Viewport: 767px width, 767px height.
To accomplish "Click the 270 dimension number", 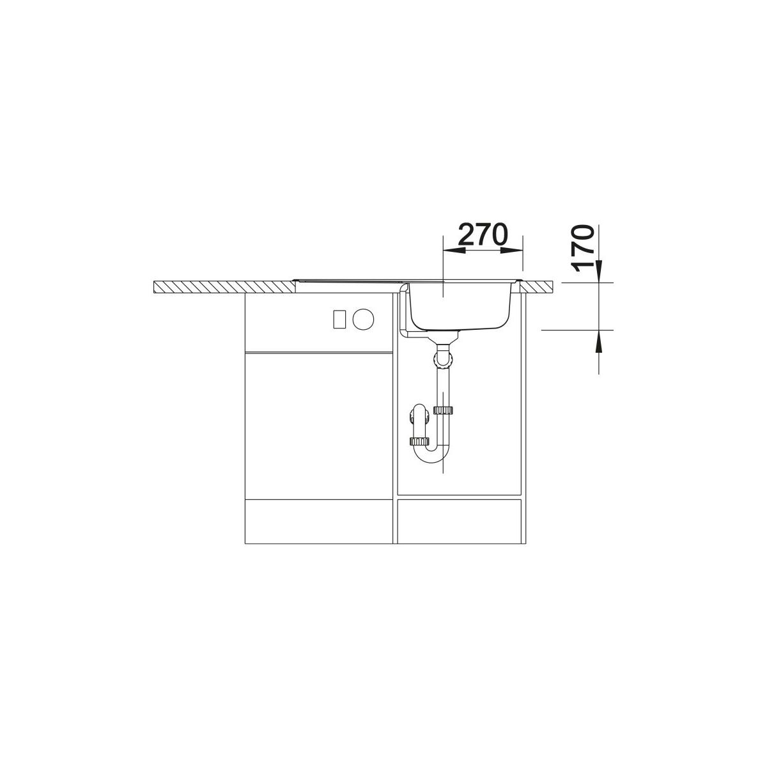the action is pyautogui.click(x=483, y=235).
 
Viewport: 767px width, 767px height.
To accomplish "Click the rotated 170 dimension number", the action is pyautogui.click(x=582, y=249).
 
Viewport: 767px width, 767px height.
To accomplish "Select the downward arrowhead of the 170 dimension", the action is pyautogui.click(x=599, y=272).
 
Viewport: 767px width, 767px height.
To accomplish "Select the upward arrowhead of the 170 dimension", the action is pyautogui.click(x=599, y=341).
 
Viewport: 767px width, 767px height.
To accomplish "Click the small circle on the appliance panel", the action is pyautogui.click(x=364, y=319).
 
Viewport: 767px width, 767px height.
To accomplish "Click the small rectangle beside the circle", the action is pyautogui.click(x=339, y=319).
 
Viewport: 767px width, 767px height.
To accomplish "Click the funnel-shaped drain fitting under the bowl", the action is pyautogui.click(x=443, y=337).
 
